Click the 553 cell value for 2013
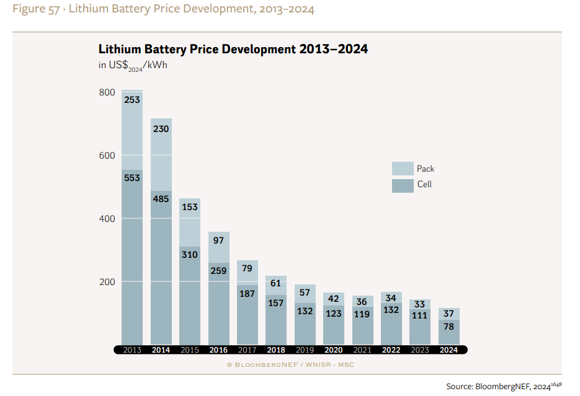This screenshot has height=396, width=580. point(132,178)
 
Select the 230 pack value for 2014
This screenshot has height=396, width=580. point(161,129)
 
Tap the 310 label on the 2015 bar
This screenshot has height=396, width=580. point(189,255)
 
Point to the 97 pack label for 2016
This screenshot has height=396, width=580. point(218,240)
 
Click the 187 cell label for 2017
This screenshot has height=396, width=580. point(247,294)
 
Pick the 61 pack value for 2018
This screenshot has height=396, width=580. point(276,283)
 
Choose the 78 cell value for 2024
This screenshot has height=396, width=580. point(448,327)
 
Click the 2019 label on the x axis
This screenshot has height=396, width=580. point(305,350)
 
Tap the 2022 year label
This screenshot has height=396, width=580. point(391,350)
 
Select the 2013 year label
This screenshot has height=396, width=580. point(132,350)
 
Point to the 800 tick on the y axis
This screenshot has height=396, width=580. point(107,92)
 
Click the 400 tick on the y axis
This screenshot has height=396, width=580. point(107,219)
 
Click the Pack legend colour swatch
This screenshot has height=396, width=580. point(403,169)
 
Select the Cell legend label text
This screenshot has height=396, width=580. point(425,185)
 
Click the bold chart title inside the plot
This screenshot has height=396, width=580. point(233,50)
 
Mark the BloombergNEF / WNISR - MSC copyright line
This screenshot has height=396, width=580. point(290,364)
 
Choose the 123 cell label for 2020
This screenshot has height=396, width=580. point(334,314)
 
